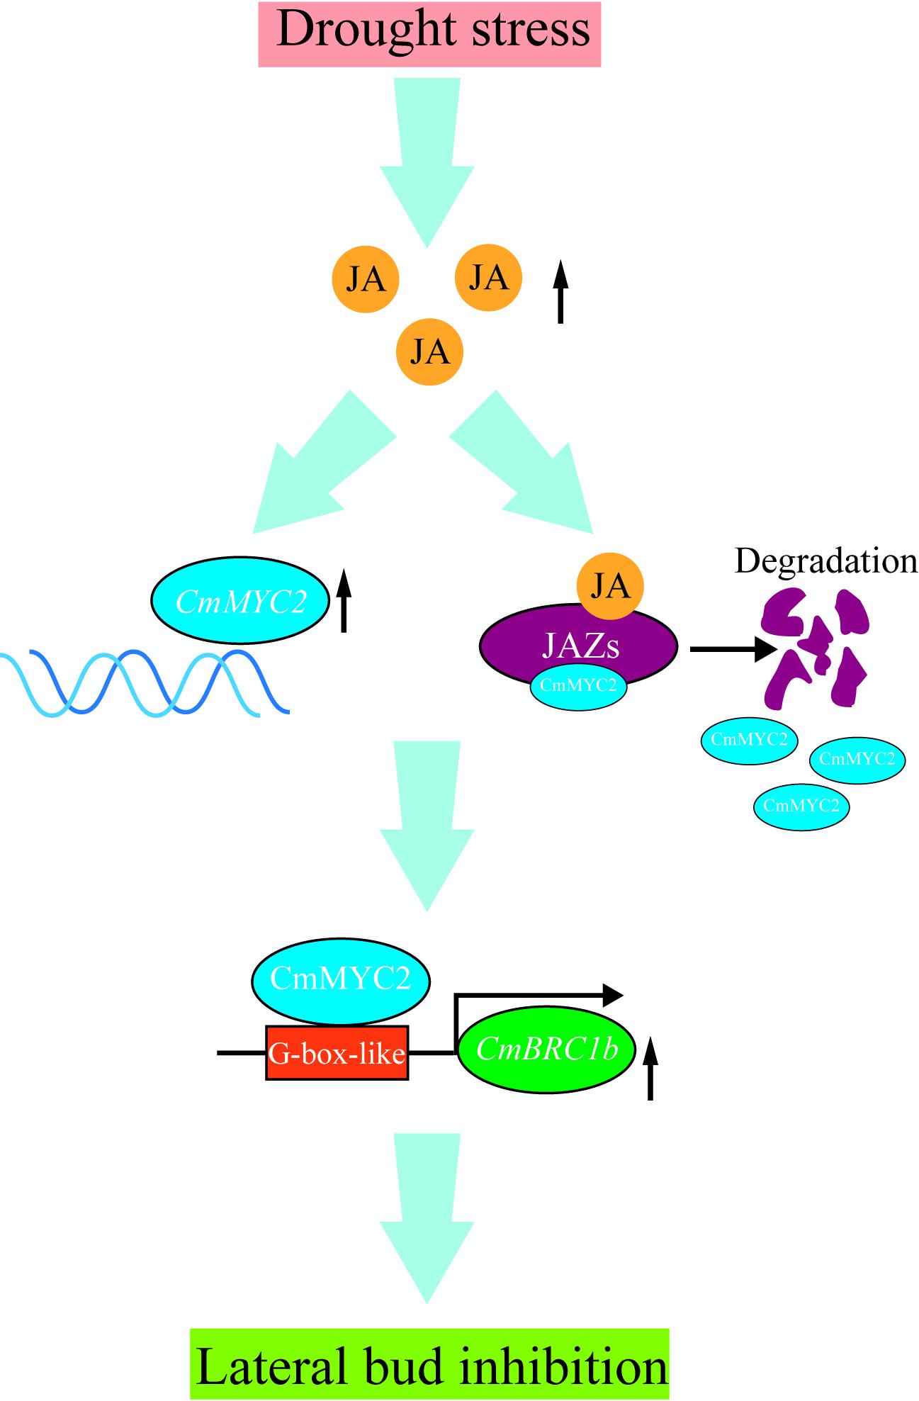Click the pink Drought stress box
(429, 33)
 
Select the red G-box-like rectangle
(337, 1053)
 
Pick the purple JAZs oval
(578, 644)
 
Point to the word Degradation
(825, 561)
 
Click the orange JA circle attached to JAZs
(610, 586)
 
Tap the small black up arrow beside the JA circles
(560, 292)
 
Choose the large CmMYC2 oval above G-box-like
(341, 980)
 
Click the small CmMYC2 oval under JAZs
(578, 686)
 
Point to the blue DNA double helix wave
(142, 683)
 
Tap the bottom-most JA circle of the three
(429, 351)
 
